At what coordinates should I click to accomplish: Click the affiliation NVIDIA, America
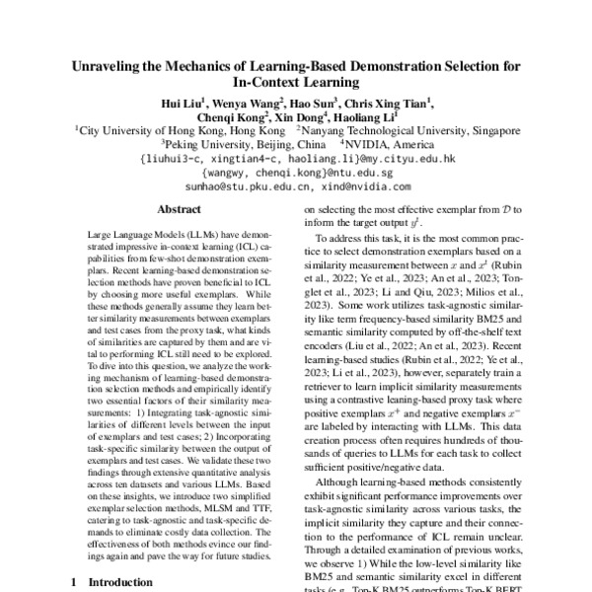click(404, 142)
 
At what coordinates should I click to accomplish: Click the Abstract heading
click(179, 236)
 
